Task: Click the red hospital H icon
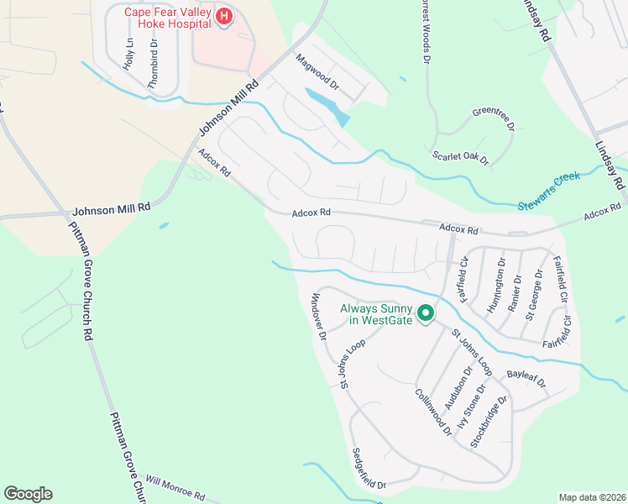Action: (x=224, y=18)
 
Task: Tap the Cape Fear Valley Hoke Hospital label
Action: (x=167, y=18)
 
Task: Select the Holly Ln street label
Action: (x=128, y=54)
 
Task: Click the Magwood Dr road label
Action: (x=317, y=72)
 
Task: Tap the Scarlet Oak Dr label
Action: (x=460, y=157)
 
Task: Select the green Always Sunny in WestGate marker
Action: (x=426, y=314)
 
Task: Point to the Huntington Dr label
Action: (x=497, y=282)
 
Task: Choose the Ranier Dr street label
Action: (x=515, y=292)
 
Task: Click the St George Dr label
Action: (x=534, y=300)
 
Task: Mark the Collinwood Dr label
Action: (x=432, y=412)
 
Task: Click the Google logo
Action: (x=28, y=493)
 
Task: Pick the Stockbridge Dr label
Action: (x=489, y=422)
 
